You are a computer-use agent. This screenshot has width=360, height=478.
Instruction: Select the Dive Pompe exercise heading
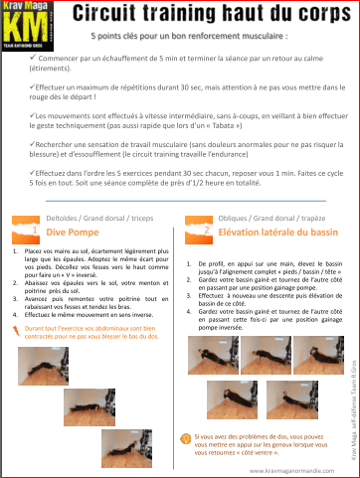tap(69, 231)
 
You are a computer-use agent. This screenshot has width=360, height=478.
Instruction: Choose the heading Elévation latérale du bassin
tap(265, 231)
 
